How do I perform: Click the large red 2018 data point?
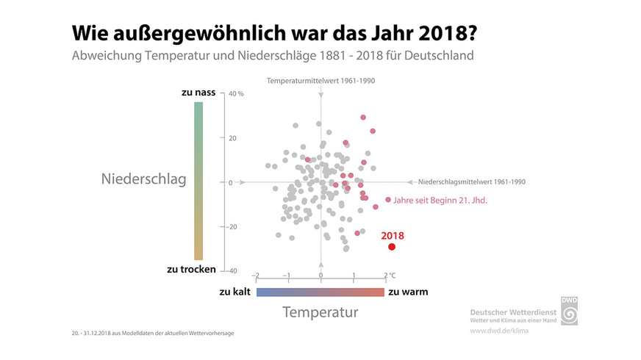[392, 246]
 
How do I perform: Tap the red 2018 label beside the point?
[392, 236]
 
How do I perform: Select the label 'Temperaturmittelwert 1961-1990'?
[320, 80]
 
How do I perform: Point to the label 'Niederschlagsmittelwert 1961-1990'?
[471, 181]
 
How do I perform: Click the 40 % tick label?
[236, 94]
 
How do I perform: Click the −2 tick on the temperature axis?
[255, 276]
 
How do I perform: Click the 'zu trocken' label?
[192, 269]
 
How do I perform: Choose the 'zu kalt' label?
[235, 292]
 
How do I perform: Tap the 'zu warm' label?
[408, 292]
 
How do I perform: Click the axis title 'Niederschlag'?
[143, 179]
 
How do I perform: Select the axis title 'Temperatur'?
[320, 312]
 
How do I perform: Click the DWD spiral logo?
[570, 313]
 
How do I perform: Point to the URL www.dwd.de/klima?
[499, 331]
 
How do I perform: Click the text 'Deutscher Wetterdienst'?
[512, 312]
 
